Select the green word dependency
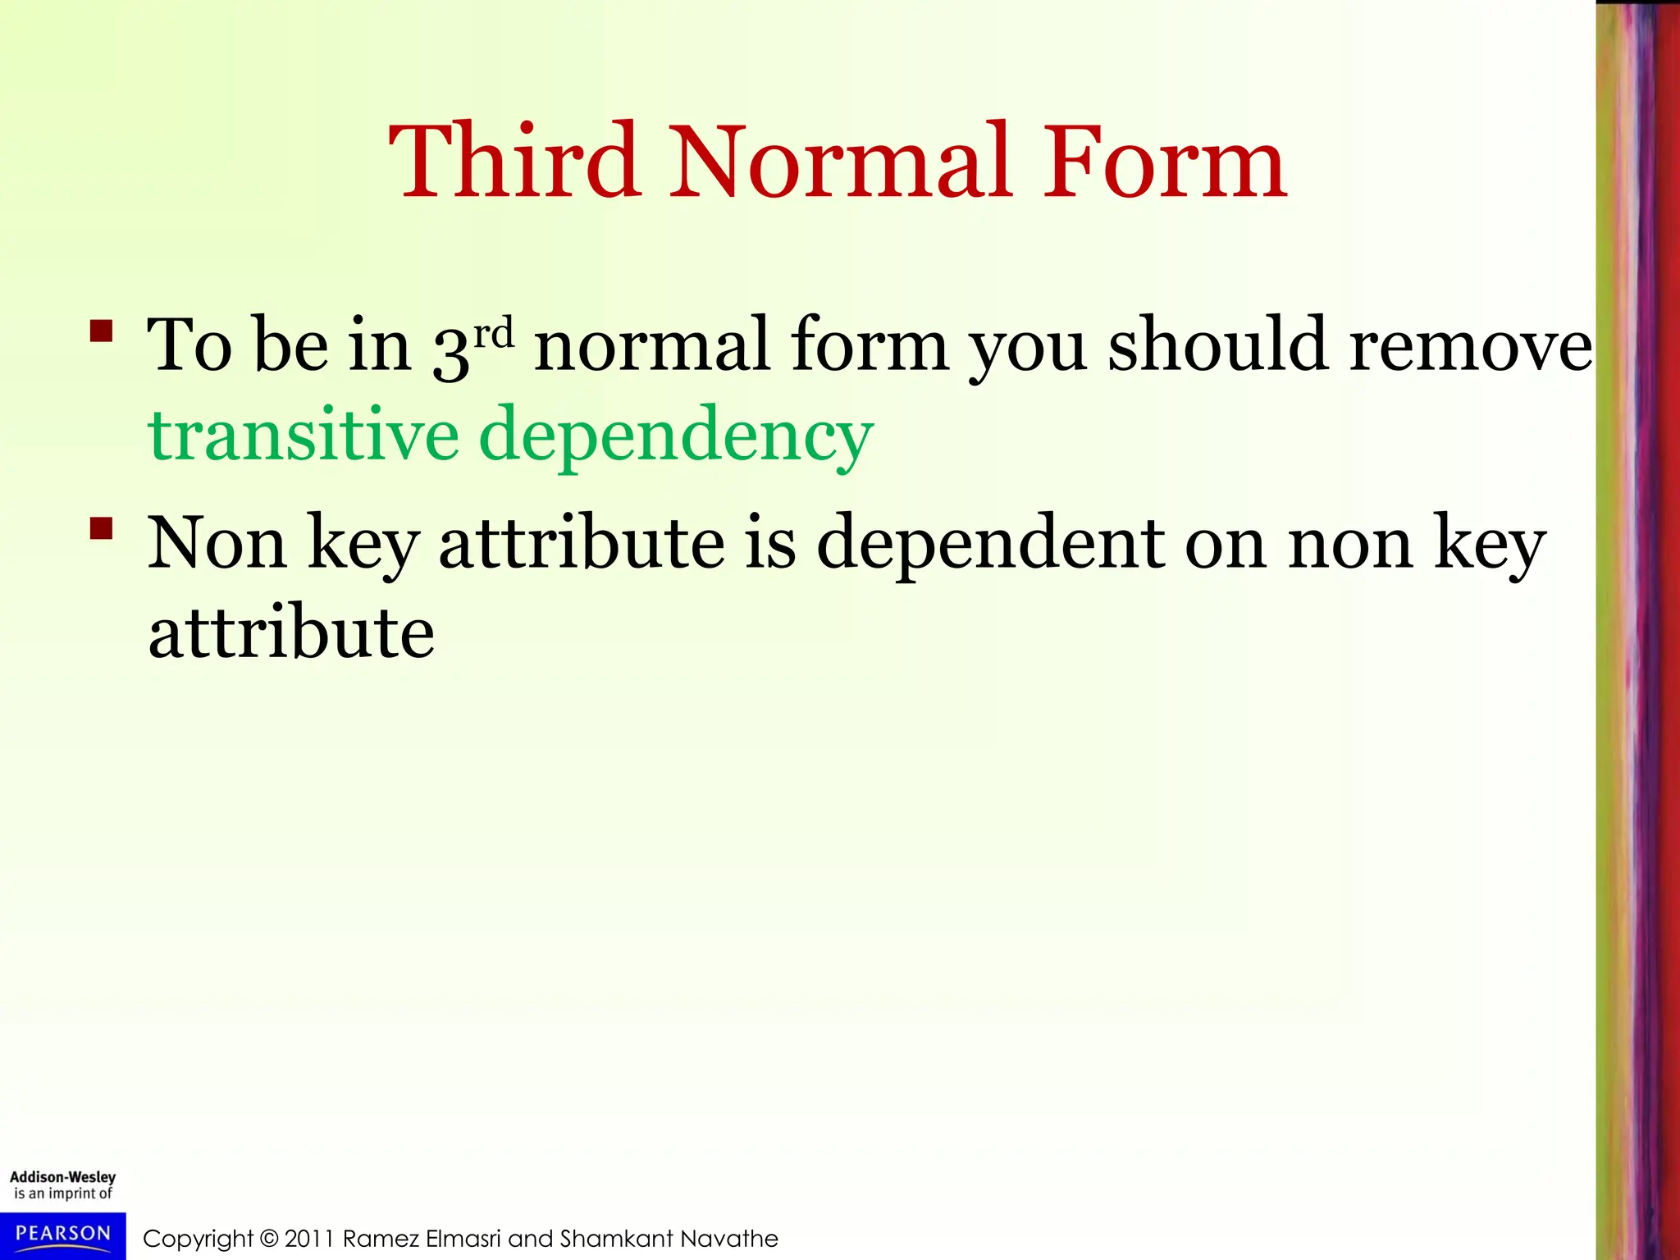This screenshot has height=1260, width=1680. pyautogui.click(x=676, y=435)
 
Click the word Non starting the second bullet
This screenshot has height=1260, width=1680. pyautogui.click(x=217, y=542)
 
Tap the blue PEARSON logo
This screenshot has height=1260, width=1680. pyautogui.click(x=62, y=1235)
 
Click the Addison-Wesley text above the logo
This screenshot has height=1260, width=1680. pyautogui.click(x=62, y=1176)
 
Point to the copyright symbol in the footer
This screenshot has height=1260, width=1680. pyautogui.click(x=268, y=1239)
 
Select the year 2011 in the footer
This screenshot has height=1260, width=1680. pyautogui.click(x=309, y=1239)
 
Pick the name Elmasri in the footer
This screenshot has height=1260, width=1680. pyautogui.click(x=463, y=1239)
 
